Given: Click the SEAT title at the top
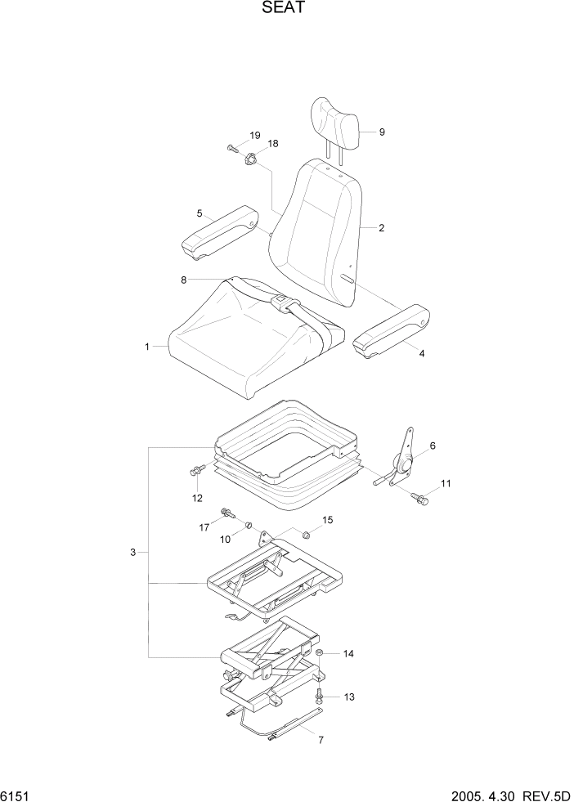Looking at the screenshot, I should [x=286, y=10].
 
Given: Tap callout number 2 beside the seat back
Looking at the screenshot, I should [x=381, y=228].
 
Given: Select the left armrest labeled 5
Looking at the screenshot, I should [x=220, y=234].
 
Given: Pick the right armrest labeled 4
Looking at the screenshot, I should [x=392, y=329].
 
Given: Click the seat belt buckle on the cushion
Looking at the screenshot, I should [x=280, y=303].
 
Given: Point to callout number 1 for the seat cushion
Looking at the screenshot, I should [x=147, y=347].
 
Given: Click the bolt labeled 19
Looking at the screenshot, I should [x=232, y=149].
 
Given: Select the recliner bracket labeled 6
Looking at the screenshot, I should [x=404, y=463].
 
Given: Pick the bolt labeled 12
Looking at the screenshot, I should [x=196, y=471].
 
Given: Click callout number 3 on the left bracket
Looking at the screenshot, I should [x=132, y=553].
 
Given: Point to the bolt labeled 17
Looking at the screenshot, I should [x=225, y=513].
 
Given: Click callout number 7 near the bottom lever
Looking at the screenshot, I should [x=321, y=741].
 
